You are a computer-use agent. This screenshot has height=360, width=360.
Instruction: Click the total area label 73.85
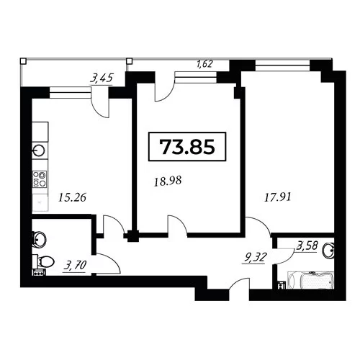(x=187, y=147)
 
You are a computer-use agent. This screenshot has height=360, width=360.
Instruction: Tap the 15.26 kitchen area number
(x=72, y=197)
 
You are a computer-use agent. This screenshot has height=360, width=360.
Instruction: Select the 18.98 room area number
(x=168, y=181)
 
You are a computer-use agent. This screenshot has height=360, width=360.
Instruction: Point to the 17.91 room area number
(x=278, y=198)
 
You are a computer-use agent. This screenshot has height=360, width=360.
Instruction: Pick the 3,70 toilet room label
(x=75, y=266)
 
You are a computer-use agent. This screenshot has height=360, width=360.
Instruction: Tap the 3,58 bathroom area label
(x=307, y=246)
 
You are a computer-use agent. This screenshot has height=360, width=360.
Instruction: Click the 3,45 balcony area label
(x=101, y=78)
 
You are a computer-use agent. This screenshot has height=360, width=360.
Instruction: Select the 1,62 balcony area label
(x=204, y=64)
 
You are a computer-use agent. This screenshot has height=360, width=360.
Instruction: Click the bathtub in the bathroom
(x=310, y=280)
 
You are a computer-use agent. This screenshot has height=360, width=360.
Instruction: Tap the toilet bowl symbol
(x=44, y=261)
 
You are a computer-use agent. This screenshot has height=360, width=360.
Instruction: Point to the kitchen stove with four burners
(x=40, y=179)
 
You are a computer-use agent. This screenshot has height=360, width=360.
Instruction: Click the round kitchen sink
(x=38, y=151)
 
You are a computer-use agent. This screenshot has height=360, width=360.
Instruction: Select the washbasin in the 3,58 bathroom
(x=328, y=251)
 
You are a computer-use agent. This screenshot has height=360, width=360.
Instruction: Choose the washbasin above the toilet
(x=39, y=239)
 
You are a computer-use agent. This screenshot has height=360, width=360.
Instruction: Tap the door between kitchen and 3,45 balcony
(x=100, y=105)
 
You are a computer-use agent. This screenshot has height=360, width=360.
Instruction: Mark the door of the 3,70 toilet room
(x=108, y=264)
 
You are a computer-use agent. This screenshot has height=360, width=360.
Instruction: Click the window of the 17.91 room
(x=282, y=66)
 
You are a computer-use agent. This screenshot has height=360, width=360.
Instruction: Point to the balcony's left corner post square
(x=23, y=61)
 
